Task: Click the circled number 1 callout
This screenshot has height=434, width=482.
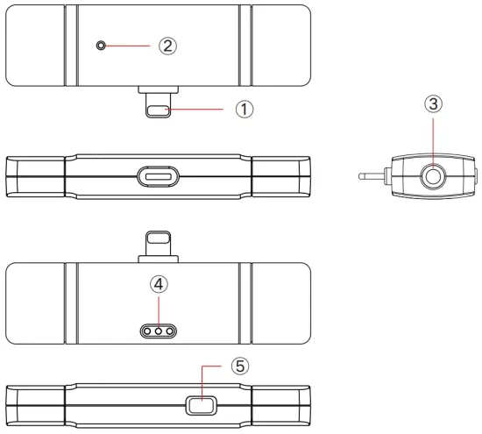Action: (x=245, y=110)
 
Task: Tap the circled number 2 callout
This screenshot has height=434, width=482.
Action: (x=167, y=46)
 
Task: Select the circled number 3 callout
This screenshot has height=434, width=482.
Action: (x=433, y=103)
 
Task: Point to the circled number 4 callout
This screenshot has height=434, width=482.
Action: (x=159, y=284)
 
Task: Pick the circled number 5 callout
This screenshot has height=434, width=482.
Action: (x=240, y=366)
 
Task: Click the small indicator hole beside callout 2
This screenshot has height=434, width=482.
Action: (x=101, y=46)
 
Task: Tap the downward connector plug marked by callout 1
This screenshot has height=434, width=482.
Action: (x=158, y=105)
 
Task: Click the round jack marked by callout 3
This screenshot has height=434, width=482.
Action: (x=433, y=176)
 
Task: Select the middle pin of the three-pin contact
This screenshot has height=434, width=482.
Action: (x=159, y=331)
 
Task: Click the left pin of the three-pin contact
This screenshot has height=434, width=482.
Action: (x=147, y=331)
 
